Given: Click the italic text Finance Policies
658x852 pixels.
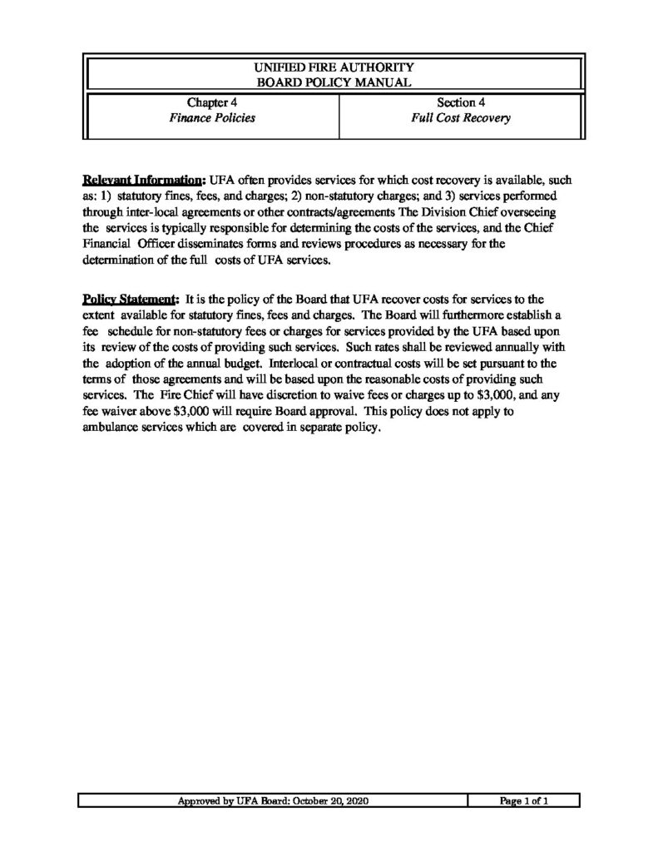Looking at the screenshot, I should point(212,118).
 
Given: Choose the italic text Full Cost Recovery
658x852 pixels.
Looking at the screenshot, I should point(460,118).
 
